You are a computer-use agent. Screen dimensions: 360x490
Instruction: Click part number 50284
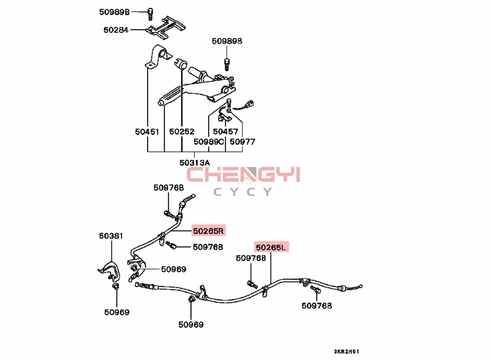coord(116,30)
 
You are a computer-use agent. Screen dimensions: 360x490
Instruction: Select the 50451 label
coord(147,131)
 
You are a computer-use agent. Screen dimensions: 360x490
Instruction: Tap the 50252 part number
coord(182,131)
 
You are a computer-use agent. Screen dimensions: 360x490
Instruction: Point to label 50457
coord(225,131)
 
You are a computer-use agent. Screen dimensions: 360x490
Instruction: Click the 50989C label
coord(209,142)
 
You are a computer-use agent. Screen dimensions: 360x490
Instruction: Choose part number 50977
coord(243,142)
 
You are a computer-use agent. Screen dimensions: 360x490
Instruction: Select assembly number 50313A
coord(195,163)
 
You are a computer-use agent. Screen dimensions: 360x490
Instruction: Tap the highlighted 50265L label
coord(271,247)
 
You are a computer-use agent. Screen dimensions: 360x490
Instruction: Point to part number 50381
coord(111,236)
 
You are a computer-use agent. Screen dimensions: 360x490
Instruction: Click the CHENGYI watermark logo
coord(244,174)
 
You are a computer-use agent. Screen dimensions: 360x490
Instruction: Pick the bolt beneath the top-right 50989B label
coord(227,62)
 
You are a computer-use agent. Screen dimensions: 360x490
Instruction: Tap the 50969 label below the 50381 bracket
coord(117,312)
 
